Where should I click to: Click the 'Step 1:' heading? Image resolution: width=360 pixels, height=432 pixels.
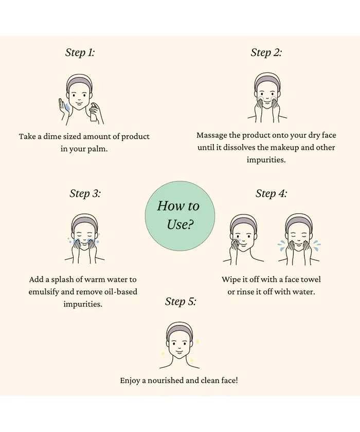coord(80,52)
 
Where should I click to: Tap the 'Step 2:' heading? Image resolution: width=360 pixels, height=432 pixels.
coord(266,52)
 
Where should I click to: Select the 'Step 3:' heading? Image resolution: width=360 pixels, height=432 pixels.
coord(85,193)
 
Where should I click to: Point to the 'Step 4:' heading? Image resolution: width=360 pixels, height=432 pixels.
coord(272,193)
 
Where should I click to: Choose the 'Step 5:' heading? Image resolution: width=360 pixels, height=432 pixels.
coord(181,301)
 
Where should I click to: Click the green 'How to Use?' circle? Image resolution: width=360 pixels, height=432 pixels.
coord(180,215)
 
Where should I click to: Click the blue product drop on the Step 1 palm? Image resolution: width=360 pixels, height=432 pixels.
coord(67,106)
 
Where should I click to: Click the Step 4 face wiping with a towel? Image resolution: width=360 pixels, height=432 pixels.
coord(243,239)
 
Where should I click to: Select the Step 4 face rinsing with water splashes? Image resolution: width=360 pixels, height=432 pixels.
coord(299,239)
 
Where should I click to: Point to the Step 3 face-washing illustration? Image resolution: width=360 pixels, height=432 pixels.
coord(84,239)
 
